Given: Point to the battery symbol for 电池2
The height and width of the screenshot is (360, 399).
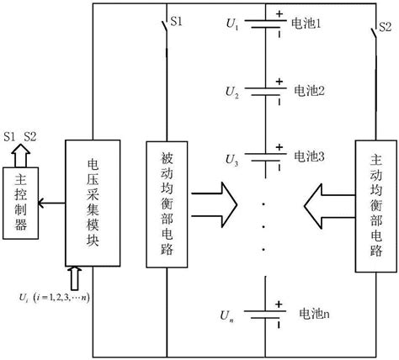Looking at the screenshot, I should click(266, 87).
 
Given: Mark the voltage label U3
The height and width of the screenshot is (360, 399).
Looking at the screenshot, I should click(232, 159).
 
